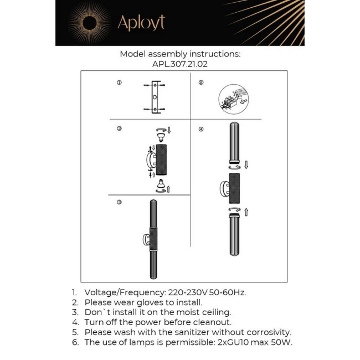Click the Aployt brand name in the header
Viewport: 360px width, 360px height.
(x=141, y=23)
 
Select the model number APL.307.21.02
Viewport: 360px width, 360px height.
(x=180, y=64)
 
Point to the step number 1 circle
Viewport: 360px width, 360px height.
(x=119, y=83)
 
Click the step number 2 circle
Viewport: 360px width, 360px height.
(x=200, y=83)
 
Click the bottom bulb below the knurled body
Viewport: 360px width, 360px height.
(x=161, y=184)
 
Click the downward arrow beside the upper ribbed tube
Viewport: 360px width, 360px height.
(x=246, y=164)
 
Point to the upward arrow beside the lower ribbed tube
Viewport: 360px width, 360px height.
(x=246, y=212)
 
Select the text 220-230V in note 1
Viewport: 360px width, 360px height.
(x=187, y=292)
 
